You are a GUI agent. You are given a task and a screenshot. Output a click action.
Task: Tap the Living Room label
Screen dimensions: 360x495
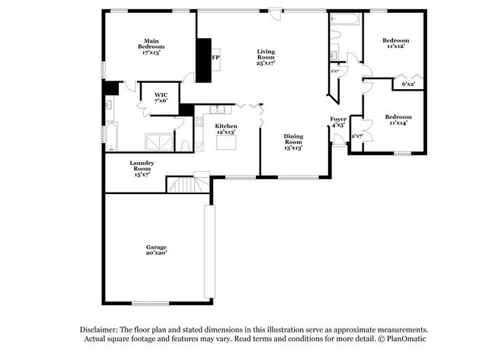click(266, 56)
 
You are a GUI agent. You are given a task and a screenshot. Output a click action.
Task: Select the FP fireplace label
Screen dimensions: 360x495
click(216, 57)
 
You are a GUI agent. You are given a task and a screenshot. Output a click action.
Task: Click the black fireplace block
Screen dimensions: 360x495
click(204, 59)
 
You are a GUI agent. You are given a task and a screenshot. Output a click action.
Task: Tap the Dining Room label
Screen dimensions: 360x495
click(293, 142)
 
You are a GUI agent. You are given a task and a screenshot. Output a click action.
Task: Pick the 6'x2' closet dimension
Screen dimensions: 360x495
click(409, 84)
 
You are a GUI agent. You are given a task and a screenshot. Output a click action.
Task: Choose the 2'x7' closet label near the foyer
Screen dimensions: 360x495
click(356, 136)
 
